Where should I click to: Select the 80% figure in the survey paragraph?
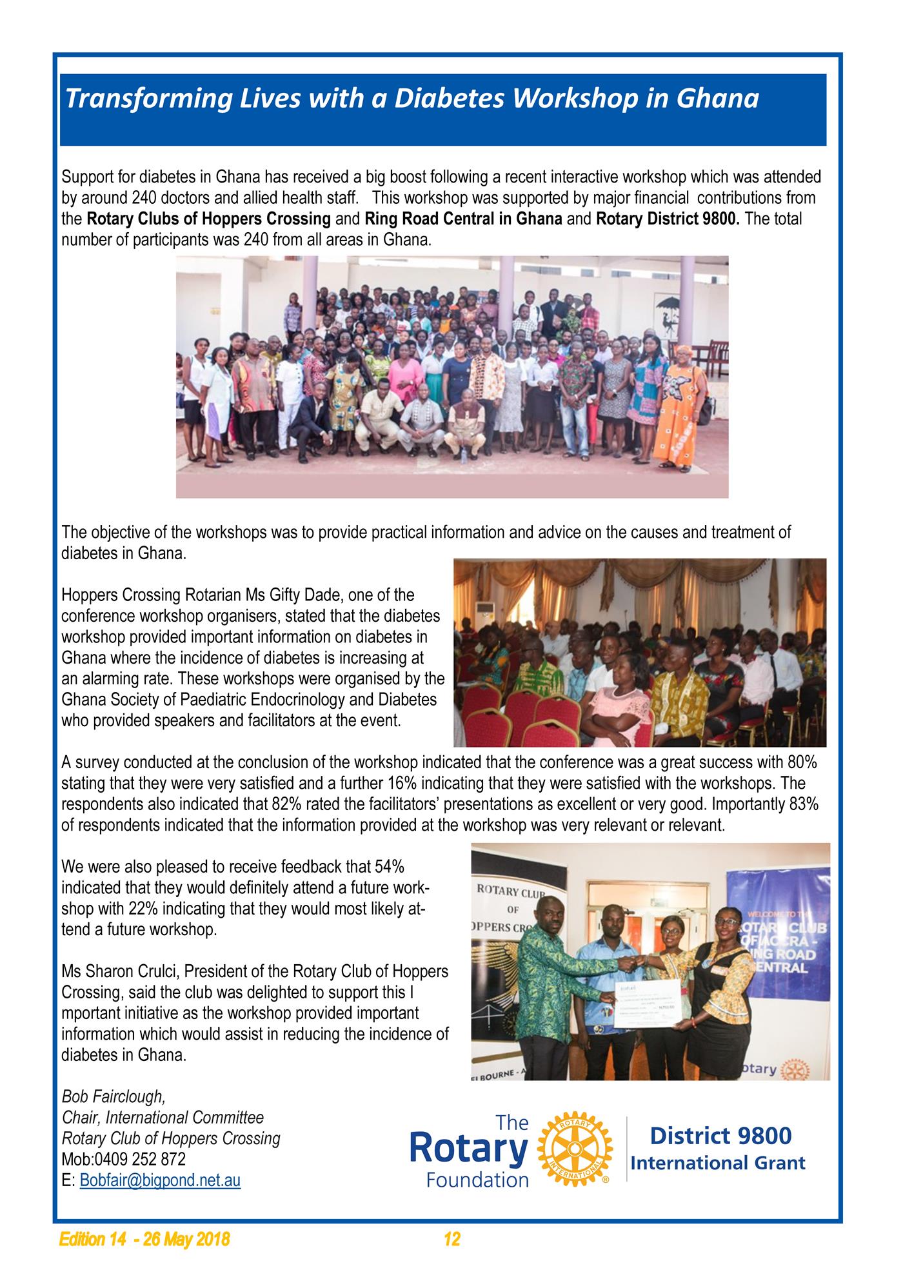tap(802, 762)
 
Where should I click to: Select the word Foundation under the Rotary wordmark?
tap(477, 1180)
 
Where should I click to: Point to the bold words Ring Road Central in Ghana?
tap(463, 219)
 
